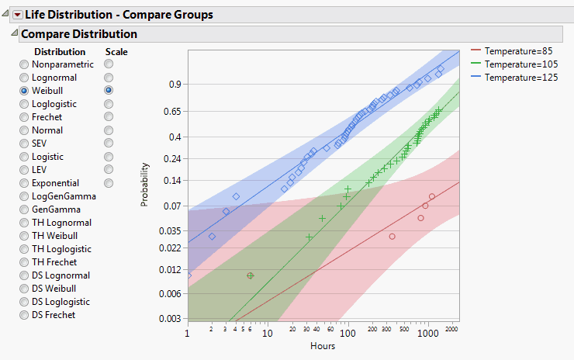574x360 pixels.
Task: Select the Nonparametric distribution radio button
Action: tap(25, 64)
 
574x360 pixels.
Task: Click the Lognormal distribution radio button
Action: tap(25, 78)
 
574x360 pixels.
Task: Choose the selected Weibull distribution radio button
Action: tap(25, 91)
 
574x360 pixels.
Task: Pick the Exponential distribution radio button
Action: tap(25, 183)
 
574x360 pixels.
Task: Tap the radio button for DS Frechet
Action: tap(25, 315)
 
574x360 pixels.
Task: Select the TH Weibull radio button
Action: tap(25, 236)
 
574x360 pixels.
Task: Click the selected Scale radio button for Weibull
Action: tap(109, 91)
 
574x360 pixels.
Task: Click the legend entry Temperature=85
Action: tap(515, 50)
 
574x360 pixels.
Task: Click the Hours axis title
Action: tap(323, 346)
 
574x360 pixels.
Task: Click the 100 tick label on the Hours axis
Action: tap(348, 334)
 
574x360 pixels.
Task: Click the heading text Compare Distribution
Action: tap(78, 34)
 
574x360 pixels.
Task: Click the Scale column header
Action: tap(116, 52)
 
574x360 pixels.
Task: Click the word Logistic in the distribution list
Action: tap(47, 157)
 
